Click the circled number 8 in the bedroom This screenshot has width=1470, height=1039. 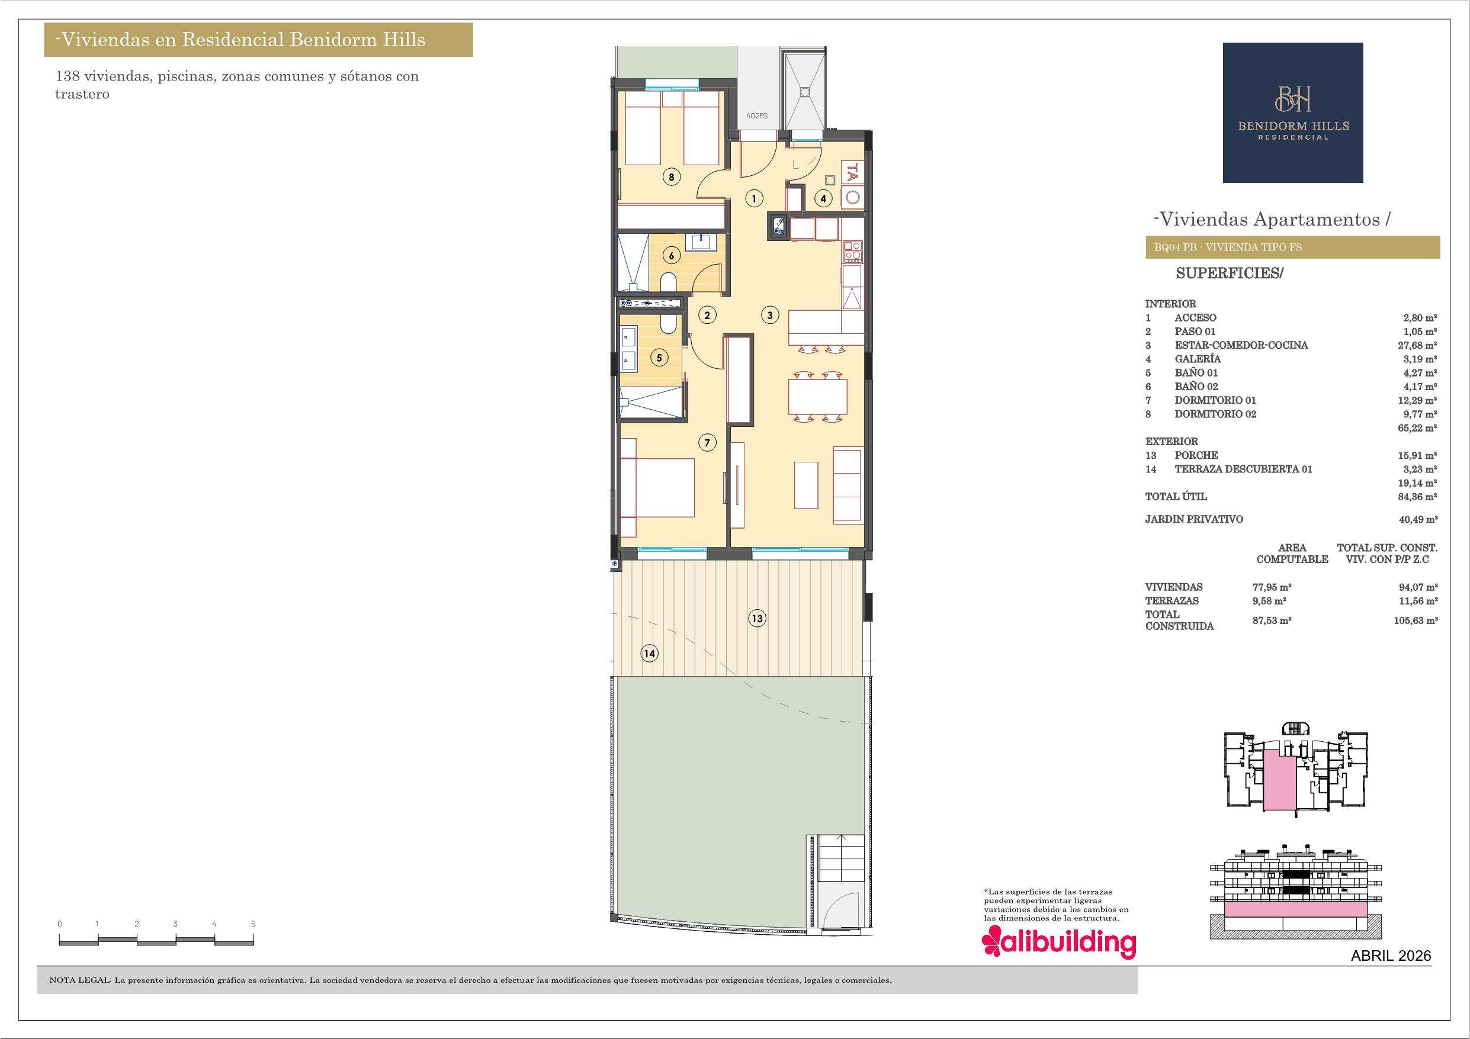[671, 178]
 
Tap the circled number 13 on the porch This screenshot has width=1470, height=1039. [758, 619]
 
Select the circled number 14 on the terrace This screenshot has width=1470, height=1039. [650, 654]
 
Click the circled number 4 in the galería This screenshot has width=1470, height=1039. [823, 198]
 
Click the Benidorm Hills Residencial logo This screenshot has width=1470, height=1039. [1293, 112]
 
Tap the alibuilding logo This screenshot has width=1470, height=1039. [1059, 943]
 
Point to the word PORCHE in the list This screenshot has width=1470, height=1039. [1196, 455]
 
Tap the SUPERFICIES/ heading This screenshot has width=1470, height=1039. [1230, 274]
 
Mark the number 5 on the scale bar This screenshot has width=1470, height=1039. [253, 924]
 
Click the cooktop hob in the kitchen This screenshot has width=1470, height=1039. [853, 251]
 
